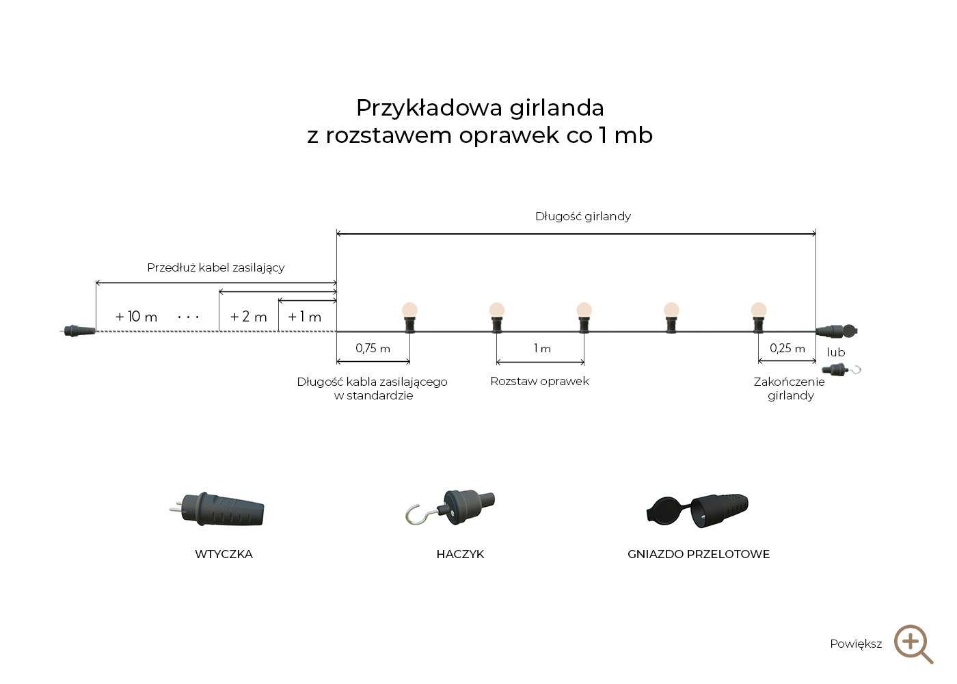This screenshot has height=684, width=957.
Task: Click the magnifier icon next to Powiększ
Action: pyautogui.click(x=913, y=644)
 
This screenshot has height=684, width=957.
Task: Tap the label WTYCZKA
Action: pyautogui.click(x=224, y=554)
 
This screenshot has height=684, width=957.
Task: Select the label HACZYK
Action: pyautogui.click(x=460, y=554)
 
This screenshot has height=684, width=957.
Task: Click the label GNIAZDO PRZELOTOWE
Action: pyautogui.click(x=698, y=554)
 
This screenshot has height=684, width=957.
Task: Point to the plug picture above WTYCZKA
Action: pyautogui.click(x=218, y=510)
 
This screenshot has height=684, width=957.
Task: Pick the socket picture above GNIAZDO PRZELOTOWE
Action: pyautogui.click(x=698, y=510)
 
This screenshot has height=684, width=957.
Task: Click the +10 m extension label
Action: pyautogui.click(x=136, y=317)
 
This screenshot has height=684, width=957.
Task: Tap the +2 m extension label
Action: pyautogui.click(x=248, y=317)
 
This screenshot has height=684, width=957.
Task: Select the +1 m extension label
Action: pyautogui.click(x=304, y=317)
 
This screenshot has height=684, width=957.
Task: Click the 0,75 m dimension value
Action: pyautogui.click(x=373, y=348)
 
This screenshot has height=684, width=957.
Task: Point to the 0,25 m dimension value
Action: pyautogui.click(x=787, y=348)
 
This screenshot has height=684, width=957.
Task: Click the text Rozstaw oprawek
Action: pyautogui.click(x=539, y=381)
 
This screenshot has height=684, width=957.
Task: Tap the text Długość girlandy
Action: pyautogui.click(x=582, y=216)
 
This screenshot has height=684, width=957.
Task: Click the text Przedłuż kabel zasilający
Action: pyautogui.click(x=215, y=267)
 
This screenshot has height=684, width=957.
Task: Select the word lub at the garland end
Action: pyautogui.click(x=835, y=352)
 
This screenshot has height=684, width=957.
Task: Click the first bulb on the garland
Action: pyautogui.click(x=409, y=311)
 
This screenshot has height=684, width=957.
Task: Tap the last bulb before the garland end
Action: pyautogui.click(x=759, y=311)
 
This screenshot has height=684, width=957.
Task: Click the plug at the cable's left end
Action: pyautogui.click(x=79, y=331)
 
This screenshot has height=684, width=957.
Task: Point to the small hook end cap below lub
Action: pyautogui.click(x=841, y=370)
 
